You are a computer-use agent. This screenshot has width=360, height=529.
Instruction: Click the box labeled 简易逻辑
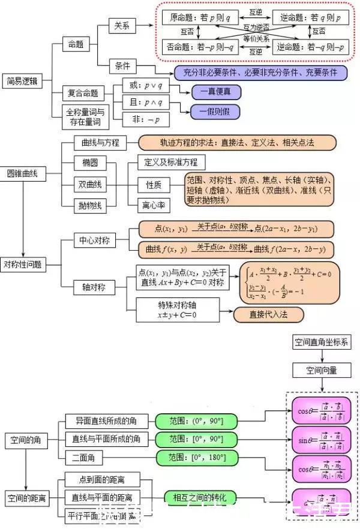click(x=22, y=81)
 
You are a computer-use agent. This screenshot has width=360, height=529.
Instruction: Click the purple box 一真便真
click(x=215, y=92)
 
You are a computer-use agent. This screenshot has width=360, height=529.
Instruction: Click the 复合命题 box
click(x=84, y=94)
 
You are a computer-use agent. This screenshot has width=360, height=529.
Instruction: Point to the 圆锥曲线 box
click(x=22, y=173)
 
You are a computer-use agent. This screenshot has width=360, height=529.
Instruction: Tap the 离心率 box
click(x=154, y=206)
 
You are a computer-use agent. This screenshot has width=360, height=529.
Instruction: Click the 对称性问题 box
click(x=23, y=264)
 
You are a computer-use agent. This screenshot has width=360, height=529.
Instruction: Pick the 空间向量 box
click(x=322, y=369)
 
